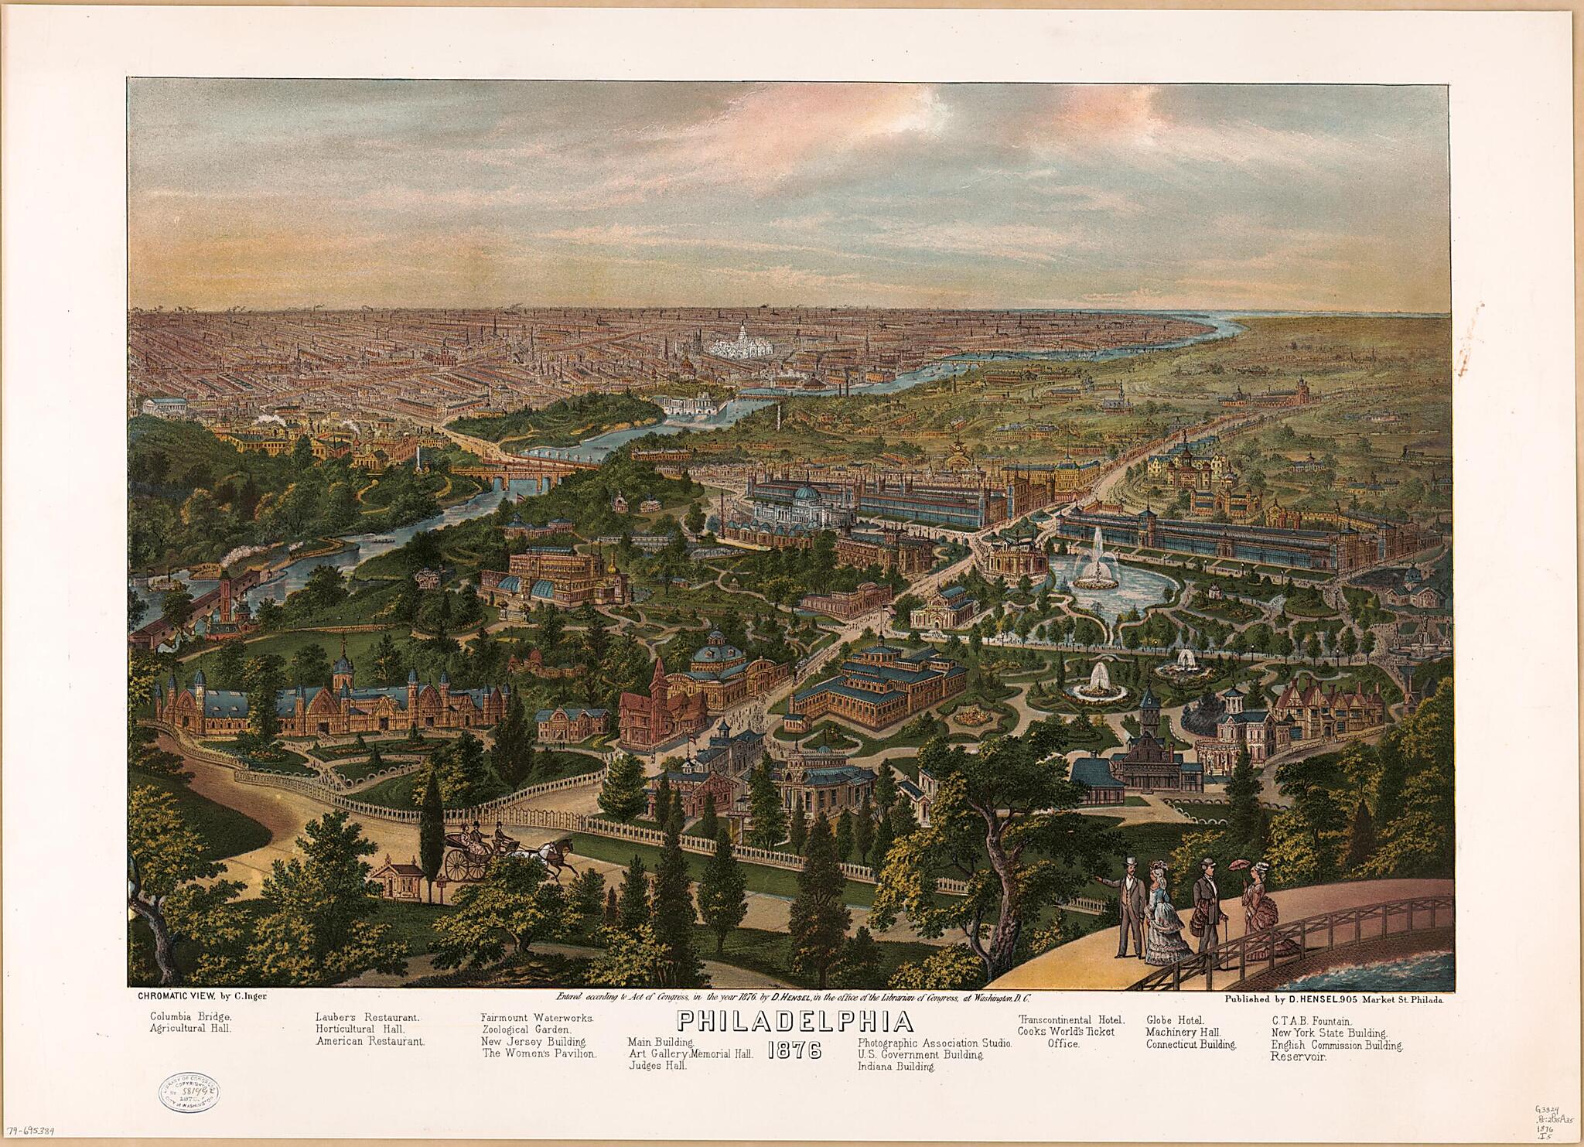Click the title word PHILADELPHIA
coord(795,1021)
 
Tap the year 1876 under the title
coord(795,1052)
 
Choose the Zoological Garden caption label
coord(526,1029)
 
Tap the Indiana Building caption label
coord(896,1067)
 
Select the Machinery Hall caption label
coord(1183,1032)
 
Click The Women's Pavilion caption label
coord(539,1053)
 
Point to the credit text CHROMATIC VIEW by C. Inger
coord(202,995)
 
